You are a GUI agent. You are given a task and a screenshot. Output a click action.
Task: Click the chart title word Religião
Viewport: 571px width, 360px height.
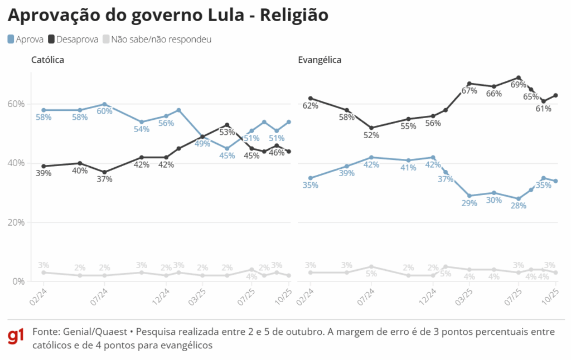pyautogui.click(x=296, y=16)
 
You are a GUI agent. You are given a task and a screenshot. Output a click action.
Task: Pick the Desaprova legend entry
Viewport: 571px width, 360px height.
pyautogui.click(x=73, y=40)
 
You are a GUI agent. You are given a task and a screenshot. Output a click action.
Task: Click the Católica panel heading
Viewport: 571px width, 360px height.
pyautogui.click(x=47, y=60)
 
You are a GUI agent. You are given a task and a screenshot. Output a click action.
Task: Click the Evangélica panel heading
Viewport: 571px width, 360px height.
pyautogui.click(x=320, y=60)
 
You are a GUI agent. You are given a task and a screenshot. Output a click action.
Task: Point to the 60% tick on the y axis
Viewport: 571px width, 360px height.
pyautogui.click(x=16, y=104)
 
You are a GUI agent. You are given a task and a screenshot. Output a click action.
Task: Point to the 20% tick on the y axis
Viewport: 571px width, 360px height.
pyautogui.click(x=16, y=222)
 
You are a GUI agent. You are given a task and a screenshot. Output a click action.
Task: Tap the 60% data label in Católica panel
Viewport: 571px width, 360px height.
pyautogui.click(x=104, y=111)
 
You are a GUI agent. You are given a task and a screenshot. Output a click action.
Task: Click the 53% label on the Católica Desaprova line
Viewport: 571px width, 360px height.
pyautogui.click(x=226, y=133)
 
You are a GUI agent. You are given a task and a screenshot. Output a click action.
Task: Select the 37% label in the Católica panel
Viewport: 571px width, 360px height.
pyautogui.click(x=104, y=179)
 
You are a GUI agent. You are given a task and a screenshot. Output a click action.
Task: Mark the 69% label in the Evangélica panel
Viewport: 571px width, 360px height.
pyautogui.click(x=519, y=85)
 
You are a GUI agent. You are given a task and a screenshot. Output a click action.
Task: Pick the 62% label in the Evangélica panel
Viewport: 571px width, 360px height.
pyautogui.click(x=311, y=106)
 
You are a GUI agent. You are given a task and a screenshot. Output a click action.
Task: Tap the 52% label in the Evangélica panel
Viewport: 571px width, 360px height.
pyautogui.click(x=371, y=135)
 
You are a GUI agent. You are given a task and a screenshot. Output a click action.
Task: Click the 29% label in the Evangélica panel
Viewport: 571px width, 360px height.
pyautogui.click(x=469, y=203)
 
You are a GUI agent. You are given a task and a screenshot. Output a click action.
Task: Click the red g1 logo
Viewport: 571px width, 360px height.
pyautogui.click(x=16, y=337)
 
